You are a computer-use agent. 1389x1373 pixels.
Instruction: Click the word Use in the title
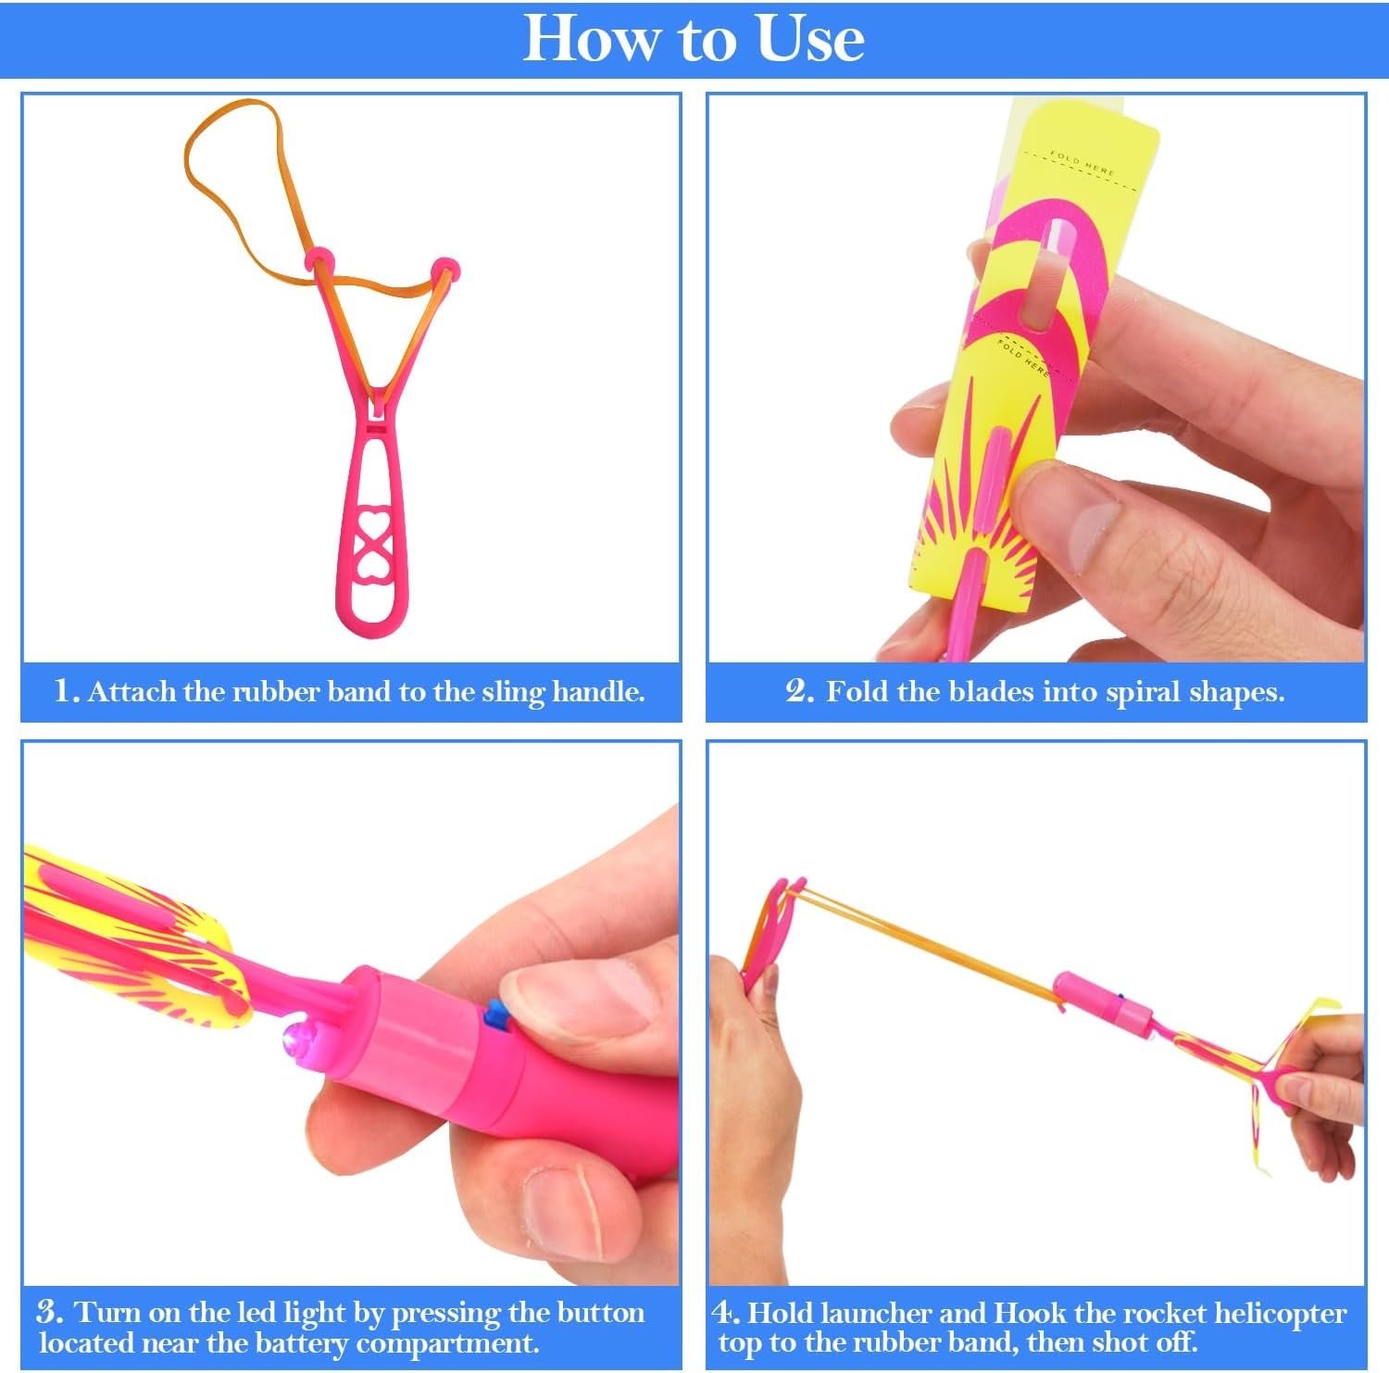(811, 39)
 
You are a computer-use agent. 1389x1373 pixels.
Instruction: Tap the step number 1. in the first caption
(67, 691)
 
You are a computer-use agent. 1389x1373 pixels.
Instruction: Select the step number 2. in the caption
(800, 691)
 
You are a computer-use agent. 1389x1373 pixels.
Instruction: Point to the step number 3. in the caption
(51, 1312)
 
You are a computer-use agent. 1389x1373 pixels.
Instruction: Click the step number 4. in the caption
(727, 1312)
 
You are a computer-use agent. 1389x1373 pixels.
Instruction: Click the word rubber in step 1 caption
(275, 691)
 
